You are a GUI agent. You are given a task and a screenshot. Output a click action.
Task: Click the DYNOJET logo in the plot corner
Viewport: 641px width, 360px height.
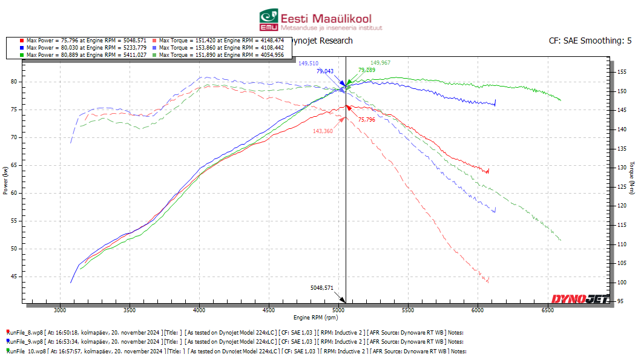[580, 298]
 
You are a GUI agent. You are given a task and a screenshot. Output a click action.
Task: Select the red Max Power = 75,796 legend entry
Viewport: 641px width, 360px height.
[82, 41]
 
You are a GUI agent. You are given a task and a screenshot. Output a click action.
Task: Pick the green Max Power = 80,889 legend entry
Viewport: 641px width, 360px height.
[82, 54]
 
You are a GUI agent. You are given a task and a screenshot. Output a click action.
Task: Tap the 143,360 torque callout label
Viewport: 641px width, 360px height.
[323, 131]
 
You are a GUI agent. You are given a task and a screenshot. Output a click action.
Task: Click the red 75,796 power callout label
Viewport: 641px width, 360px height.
[366, 120]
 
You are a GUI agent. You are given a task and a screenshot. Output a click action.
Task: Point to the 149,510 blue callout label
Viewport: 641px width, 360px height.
[308, 63]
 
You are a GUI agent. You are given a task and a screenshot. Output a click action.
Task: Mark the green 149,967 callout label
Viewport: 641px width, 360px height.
[380, 63]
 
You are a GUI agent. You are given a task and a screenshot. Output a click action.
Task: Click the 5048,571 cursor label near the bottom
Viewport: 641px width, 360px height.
[321, 289]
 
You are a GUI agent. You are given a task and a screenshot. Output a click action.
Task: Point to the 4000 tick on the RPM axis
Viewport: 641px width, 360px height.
[199, 310]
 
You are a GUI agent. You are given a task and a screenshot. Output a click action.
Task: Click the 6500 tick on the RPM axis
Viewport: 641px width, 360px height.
[548, 310]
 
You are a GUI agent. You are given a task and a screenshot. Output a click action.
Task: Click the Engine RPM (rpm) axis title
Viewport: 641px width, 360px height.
[315, 317]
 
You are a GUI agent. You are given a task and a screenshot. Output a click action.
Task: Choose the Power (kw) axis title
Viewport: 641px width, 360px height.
[5, 182]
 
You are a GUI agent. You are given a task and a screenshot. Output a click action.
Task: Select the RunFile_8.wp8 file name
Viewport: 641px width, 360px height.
[27, 332]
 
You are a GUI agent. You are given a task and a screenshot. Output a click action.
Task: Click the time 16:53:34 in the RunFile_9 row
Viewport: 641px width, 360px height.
[67, 341]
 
